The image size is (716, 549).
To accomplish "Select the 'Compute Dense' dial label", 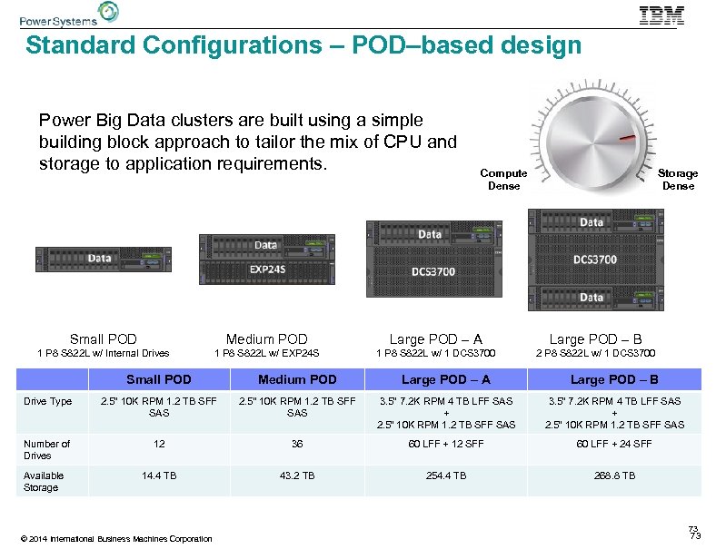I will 503,180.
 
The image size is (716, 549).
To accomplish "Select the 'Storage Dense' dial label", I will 678,180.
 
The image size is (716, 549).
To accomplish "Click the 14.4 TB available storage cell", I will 159,475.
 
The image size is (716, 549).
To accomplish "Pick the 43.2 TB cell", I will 297,475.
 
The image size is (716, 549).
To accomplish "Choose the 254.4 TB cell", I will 445,475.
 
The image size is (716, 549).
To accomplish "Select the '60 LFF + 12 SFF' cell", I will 445,444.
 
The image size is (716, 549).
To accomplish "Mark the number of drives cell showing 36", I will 297,444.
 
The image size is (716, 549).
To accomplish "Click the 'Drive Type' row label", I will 48,401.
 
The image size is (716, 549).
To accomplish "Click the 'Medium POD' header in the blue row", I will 297,379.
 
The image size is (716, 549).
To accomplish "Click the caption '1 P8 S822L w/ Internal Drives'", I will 103,353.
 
